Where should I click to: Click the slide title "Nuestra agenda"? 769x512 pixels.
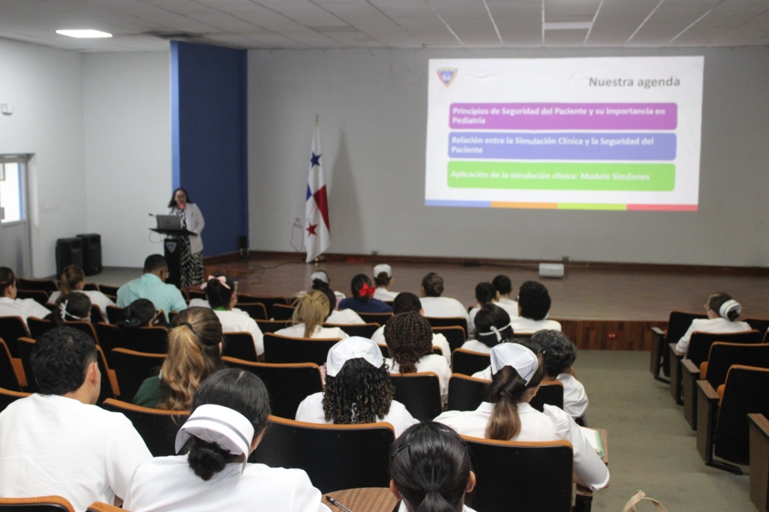pyautogui.click(x=634, y=82)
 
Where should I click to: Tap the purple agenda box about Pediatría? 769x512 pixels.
pyautogui.click(x=562, y=116)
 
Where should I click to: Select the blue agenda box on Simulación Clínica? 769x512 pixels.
pyautogui.click(x=562, y=146)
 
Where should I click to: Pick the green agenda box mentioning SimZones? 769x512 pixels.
pyautogui.click(x=561, y=177)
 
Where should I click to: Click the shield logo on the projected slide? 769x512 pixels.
pyautogui.click(x=446, y=77)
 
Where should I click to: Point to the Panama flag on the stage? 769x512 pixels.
pyautogui.click(x=317, y=194)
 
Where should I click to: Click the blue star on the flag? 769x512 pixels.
pyautogui.click(x=315, y=159)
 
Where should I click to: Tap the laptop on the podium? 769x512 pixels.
pyautogui.click(x=168, y=222)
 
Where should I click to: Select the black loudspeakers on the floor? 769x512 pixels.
pyautogui.click(x=78, y=254)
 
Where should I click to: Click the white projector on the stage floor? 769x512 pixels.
pyautogui.click(x=551, y=269)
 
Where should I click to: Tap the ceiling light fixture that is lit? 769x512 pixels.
pyautogui.click(x=84, y=34)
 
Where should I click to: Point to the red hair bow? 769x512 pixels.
pyautogui.click(x=367, y=291)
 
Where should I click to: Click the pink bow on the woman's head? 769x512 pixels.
pyautogui.click(x=216, y=281)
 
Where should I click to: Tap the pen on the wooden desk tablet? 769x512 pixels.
pyautogui.click(x=337, y=503)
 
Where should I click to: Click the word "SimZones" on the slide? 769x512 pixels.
pyautogui.click(x=629, y=177)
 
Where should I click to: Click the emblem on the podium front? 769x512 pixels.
pyautogui.click(x=170, y=246)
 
